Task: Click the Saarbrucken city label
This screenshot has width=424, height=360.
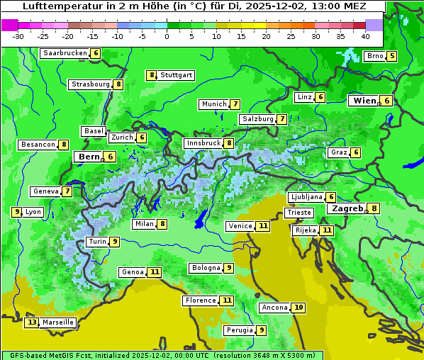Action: (65, 53)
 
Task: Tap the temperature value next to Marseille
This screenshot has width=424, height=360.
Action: (31, 322)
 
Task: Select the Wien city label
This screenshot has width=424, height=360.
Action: (365, 101)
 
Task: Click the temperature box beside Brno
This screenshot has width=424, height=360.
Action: (391, 57)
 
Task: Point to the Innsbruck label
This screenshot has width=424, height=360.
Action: (203, 143)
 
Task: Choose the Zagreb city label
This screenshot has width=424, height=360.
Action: (347, 208)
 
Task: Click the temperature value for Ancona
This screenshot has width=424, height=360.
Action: (299, 308)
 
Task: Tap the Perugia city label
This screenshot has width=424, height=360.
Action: (239, 330)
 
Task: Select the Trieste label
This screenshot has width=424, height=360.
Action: (298, 213)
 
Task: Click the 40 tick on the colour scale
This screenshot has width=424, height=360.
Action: (365, 36)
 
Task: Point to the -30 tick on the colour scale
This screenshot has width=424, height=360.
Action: (18, 36)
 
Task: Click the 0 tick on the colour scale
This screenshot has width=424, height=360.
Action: (167, 36)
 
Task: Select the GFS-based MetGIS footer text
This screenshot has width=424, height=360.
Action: (50, 355)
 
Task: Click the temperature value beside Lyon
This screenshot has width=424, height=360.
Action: (16, 212)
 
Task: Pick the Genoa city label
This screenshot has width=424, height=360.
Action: (133, 272)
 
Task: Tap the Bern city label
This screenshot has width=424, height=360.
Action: (89, 157)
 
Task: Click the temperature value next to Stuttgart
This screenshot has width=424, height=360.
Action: (151, 75)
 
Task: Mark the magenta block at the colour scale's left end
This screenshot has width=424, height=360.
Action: (9, 25)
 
